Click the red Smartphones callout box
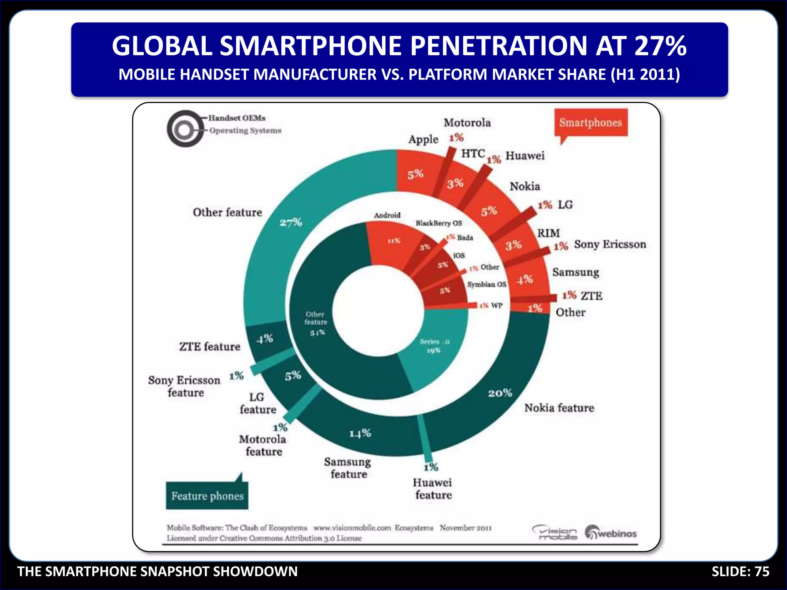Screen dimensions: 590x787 (x=591, y=123)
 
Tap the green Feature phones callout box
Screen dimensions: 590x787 (x=207, y=496)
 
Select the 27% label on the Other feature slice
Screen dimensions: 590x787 (x=291, y=222)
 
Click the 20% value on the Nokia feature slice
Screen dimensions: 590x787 (x=500, y=393)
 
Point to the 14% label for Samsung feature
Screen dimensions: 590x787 (x=360, y=433)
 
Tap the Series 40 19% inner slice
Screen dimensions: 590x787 (x=434, y=346)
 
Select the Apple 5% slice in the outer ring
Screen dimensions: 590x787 (x=415, y=174)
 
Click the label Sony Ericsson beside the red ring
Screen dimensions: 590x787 (x=610, y=244)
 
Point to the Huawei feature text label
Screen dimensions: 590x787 (x=433, y=489)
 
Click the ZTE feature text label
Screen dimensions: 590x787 (x=210, y=346)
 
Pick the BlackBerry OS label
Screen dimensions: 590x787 (x=438, y=223)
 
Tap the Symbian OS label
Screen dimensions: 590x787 (x=486, y=284)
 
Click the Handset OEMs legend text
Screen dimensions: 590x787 (x=237, y=118)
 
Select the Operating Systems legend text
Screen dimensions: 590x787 (x=245, y=131)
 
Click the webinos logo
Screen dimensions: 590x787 (x=611, y=533)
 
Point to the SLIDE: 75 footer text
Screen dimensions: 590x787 (x=740, y=572)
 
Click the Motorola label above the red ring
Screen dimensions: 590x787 (x=467, y=123)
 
